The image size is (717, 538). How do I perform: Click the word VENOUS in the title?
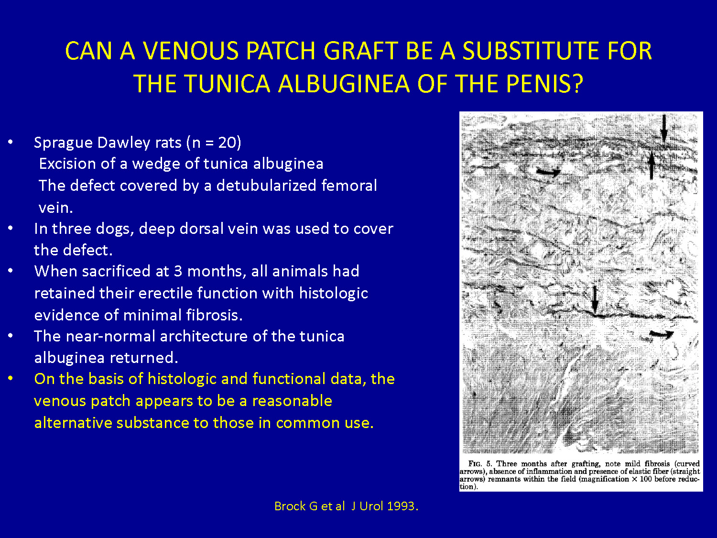click(x=191, y=51)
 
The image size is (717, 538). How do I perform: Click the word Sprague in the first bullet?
click(x=63, y=143)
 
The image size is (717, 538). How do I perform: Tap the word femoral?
click(x=349, y=185)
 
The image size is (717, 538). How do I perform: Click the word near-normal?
click(x=110, y=336)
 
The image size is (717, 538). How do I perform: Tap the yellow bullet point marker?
click(x=11, y=378)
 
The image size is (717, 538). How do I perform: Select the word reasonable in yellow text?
click(x=292, y=401)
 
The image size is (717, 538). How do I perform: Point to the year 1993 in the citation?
click(x=401, y=506)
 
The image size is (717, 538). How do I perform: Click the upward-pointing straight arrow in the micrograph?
click(x=652, y=165)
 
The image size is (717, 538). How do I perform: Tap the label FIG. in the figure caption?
click(x=475, y=464)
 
